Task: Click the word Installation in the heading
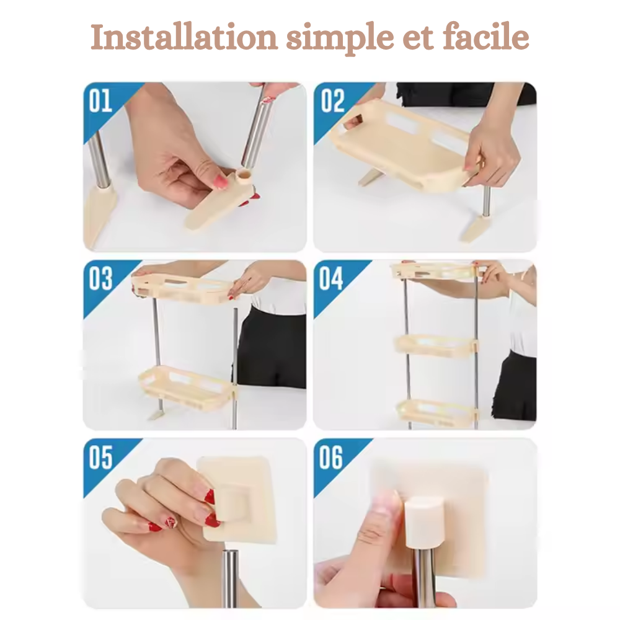click(184, 38)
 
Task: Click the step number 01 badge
click(100, 101)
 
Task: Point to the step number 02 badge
click(332, 101)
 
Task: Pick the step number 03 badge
click(100, 279)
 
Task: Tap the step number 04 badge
click(331, 279)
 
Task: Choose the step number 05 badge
click(100, 458)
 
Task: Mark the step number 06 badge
click(331, 458)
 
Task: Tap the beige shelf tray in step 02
click(397, 143)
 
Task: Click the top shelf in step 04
click(437, 270)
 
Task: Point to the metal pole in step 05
click(230, 577)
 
